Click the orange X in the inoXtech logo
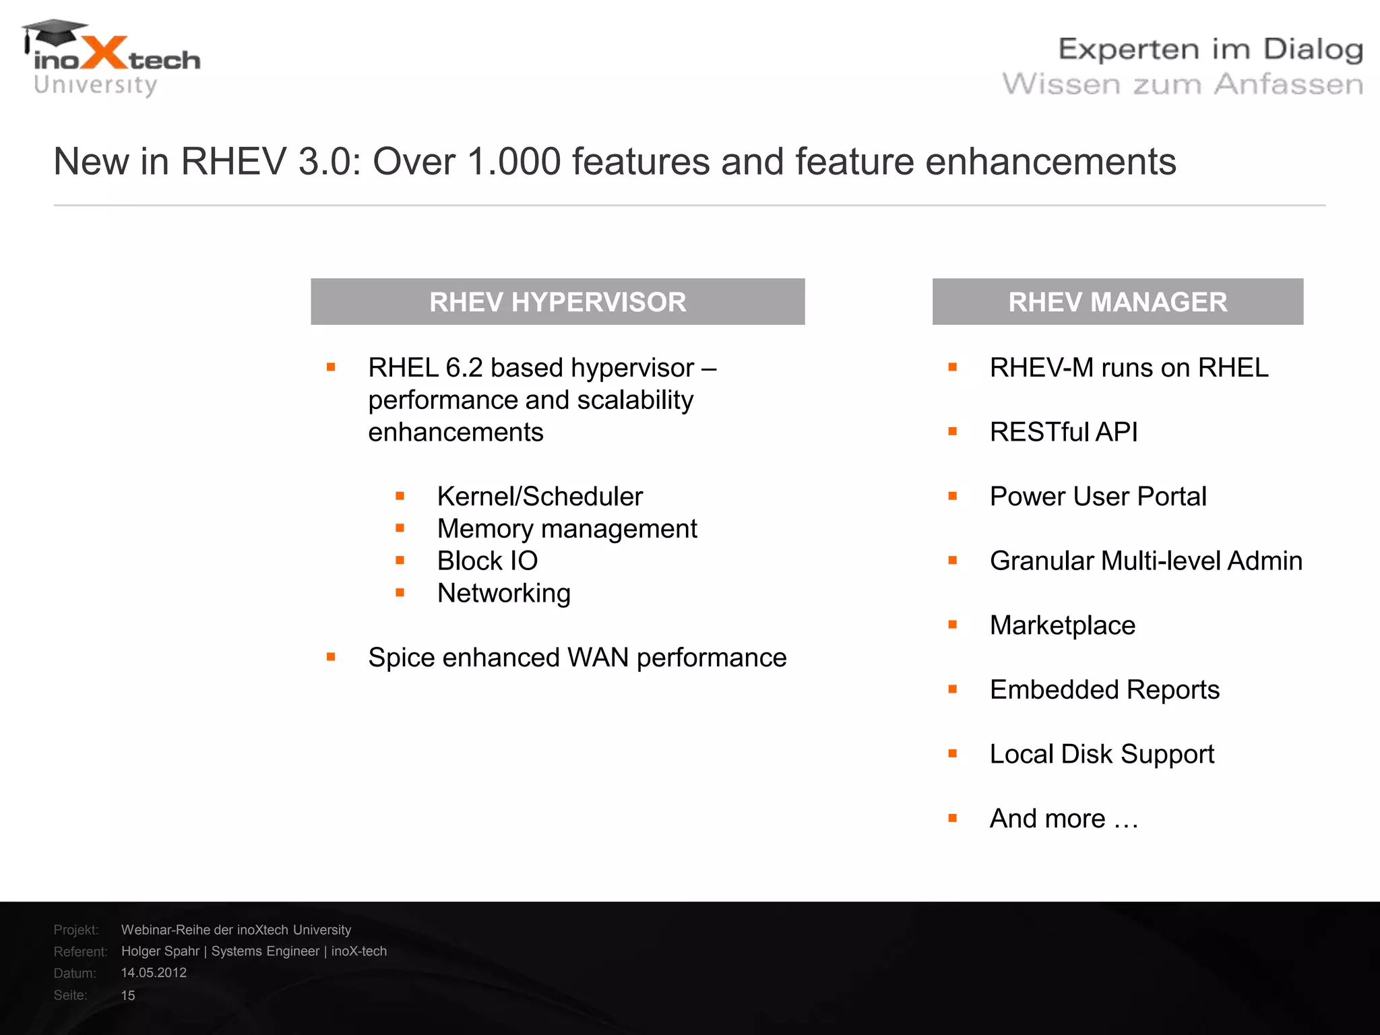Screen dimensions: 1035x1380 tap(103, 54)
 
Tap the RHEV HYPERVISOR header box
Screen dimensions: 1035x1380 tap(557, 302)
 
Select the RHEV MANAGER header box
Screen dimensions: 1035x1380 tap(1117, 302)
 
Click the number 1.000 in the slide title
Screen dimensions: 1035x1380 tap(513, 162)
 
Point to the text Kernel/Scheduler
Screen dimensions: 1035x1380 tap(540, 497)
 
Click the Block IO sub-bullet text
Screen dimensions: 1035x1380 tap(487, 561)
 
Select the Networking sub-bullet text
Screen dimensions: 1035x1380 tap(503, 593)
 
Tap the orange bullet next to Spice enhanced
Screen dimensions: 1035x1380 tap(331, 657)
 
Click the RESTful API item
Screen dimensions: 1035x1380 tap(1063, 432)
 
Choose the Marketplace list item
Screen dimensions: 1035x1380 tap(1062, 625)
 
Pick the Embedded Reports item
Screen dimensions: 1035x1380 tap(1104, 690)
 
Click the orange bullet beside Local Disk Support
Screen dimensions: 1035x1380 tap(952, 754)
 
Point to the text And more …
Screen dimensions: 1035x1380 tap(1063, 819)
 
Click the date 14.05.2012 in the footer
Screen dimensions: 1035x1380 tap(154, 973)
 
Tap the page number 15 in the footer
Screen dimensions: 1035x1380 tap(128, 995)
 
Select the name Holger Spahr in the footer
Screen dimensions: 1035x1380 tap(160, 951)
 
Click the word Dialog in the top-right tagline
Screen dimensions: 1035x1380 tap(1313, 50)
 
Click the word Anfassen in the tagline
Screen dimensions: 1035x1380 tap(1288, 85)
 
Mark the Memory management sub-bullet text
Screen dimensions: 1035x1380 tap(567, 529)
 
